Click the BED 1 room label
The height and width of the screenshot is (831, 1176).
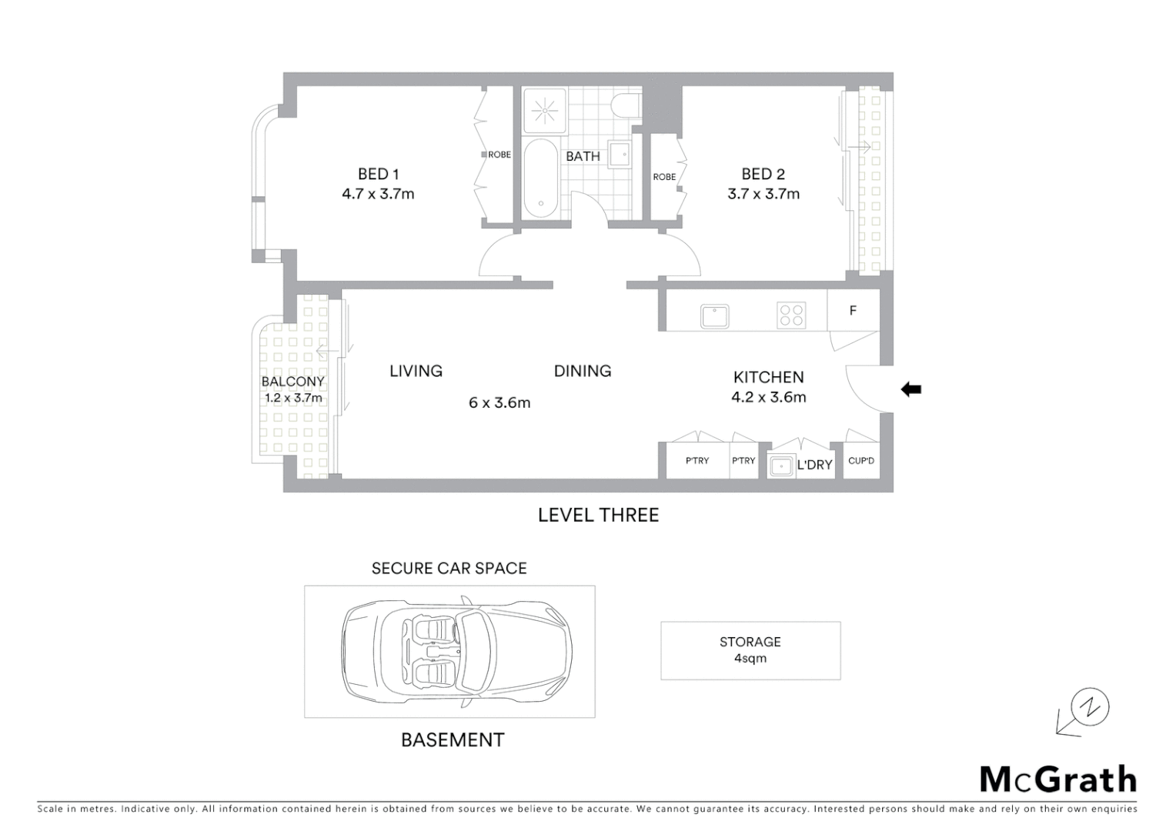click(x=378, y=174)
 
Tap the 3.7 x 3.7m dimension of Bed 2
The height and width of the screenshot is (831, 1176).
click(x=763, y=194)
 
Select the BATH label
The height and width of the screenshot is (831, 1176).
click(x=583, y=156)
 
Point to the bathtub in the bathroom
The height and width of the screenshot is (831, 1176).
click(x=541, y=179)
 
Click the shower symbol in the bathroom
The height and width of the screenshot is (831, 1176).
click(x=544, y=111)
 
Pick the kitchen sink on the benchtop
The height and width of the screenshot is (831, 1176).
click(x=714, y=315)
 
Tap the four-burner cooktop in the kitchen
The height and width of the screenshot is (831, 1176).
click(x=791, y=315)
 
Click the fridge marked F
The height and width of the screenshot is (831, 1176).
click(x=853, y=311)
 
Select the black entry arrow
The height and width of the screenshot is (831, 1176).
click(x=911, y=389)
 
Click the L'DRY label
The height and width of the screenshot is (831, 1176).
click(x=814, y=465)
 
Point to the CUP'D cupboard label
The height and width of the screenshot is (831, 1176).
click(x=861, y=461)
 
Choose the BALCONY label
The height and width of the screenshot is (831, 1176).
click(x=292, y=382)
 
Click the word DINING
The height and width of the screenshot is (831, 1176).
click(x=583, y=371)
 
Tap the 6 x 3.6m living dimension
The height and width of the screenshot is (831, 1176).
click(x=499, y=402)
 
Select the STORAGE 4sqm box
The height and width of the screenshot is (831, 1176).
click(x=750, y=650)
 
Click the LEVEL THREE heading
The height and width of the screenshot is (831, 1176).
click(x=598, y=515)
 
